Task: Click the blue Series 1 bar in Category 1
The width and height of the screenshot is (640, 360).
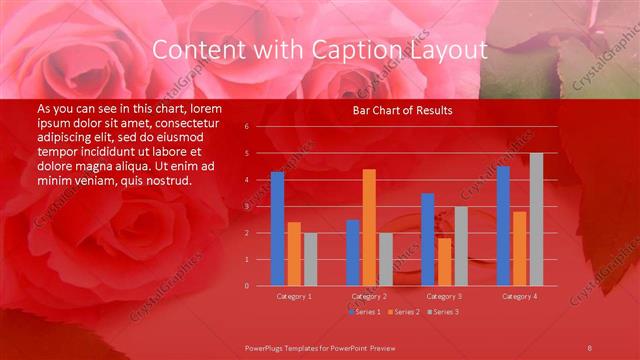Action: (277, 229)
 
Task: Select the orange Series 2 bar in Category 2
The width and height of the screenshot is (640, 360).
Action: (369, 227)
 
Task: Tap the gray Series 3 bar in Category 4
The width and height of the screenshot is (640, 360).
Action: (536, 219)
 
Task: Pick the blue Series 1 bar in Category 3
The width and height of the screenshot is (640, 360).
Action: (428, 239)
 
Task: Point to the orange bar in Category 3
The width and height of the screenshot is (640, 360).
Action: (444, 261)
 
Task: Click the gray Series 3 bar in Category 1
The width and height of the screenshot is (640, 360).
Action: (310, 259)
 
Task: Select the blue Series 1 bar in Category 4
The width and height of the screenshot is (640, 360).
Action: (503, 226)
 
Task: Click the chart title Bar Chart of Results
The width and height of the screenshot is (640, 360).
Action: (403, 110)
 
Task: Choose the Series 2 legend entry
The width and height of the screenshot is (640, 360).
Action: (403, 312)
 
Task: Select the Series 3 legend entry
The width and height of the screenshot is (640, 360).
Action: (441, 312)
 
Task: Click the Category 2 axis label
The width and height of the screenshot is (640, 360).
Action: (369, 297)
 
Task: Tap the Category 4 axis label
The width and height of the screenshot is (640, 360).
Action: (519, 297)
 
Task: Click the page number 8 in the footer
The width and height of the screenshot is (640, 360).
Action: (589, 347)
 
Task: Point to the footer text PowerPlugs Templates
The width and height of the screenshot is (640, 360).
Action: (289, 347)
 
